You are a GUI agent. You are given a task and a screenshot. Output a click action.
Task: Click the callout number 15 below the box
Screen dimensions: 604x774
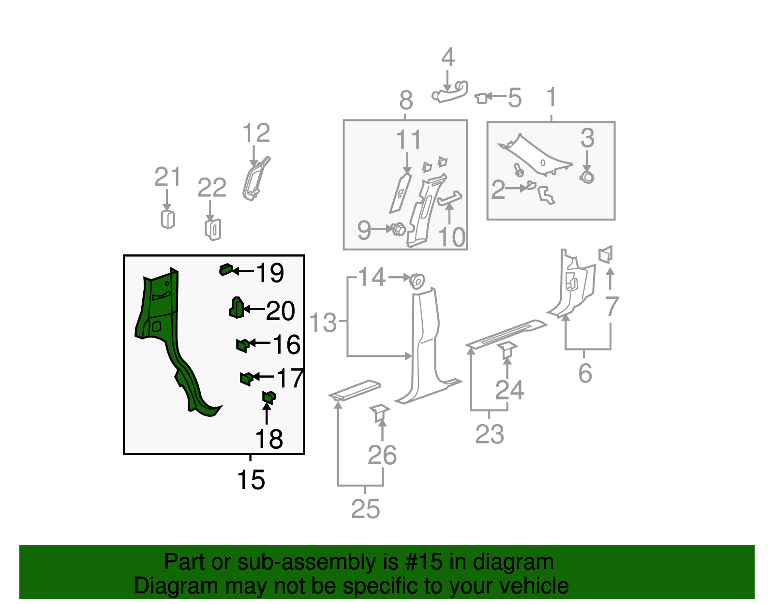click(x=251, y=480)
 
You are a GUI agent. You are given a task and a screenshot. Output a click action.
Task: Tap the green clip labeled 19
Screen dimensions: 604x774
click(x=226, y=269)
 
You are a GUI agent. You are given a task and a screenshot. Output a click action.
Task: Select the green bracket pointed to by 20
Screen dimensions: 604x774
click(x=236, y=308)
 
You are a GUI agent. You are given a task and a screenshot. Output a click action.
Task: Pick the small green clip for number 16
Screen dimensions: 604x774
click(x=242, y=345)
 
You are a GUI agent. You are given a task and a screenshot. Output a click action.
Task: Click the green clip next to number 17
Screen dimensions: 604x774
click(x=246, y=378)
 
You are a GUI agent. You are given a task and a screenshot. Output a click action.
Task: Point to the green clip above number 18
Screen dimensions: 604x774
click(x=268, y=398)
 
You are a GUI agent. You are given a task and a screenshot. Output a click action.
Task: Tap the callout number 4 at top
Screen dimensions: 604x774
click(x=448, y=58)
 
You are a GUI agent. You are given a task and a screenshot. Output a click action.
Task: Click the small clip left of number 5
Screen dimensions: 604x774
click(x=481, y=98)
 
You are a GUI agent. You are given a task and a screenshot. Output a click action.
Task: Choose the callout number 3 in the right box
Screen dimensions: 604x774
click(x=587, y=138)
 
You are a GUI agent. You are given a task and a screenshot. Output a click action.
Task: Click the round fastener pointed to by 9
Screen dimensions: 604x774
click(x=399, y=229)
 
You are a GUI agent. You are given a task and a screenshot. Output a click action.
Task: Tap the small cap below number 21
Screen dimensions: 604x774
click(x=167, y=219)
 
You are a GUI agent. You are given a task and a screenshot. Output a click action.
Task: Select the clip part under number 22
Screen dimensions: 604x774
click(x=213, y=229)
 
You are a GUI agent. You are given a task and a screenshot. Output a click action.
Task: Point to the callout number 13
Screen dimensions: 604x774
click(x=323, y=323)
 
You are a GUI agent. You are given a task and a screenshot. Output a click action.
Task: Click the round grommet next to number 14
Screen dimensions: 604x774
click(x=417, y=281)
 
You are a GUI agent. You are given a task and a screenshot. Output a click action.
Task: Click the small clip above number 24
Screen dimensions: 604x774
click(x=507, y=350)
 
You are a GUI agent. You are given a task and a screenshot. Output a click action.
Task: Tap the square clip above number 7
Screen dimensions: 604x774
click(x=605, y=254)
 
